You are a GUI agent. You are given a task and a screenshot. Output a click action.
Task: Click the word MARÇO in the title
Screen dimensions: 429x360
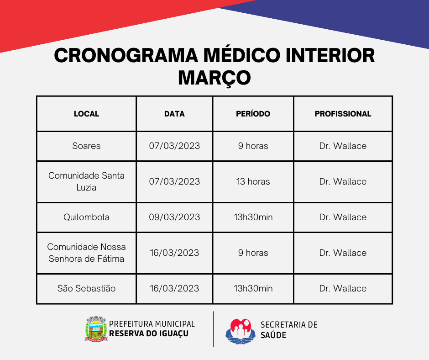[214, 78]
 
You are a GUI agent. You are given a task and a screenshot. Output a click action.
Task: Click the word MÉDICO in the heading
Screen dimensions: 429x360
[242, 55]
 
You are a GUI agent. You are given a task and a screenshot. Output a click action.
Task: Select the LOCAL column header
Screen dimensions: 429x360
[86, 114]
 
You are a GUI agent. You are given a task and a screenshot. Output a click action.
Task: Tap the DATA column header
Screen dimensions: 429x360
[174, 114]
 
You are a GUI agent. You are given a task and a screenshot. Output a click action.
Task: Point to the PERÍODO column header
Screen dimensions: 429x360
[253, 113]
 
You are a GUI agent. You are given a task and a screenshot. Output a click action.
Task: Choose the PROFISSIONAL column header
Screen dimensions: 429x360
[343, 114]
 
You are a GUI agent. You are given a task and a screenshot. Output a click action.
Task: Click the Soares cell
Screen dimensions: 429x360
[86, 146]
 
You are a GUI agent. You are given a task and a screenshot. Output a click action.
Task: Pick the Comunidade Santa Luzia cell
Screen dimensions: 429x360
[86, 181]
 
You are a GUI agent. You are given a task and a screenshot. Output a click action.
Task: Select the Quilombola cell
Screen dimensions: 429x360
[86, 217]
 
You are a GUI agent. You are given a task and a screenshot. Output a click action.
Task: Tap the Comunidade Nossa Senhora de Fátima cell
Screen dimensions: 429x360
[86, 253]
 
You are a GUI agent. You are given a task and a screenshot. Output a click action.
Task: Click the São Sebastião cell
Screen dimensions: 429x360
[86, 288]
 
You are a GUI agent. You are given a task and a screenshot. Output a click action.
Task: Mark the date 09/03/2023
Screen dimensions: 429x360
[174, 217]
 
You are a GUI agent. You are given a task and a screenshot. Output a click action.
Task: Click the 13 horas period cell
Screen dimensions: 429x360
[253, 181]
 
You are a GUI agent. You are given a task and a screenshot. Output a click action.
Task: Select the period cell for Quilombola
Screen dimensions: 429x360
[253, 217]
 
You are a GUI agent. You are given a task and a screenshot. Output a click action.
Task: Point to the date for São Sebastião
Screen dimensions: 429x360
[174, 288]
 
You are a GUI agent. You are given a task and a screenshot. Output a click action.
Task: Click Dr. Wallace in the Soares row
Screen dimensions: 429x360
[343, 146]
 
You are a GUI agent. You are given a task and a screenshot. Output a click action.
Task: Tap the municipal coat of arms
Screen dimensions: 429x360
[96, 329]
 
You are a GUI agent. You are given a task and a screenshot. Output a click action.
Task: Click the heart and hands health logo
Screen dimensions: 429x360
[240, 331]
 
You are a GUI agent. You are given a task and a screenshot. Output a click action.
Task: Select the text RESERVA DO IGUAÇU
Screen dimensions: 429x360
[149, 334]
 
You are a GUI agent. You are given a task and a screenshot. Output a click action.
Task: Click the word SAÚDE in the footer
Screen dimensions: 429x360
[273, 335]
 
